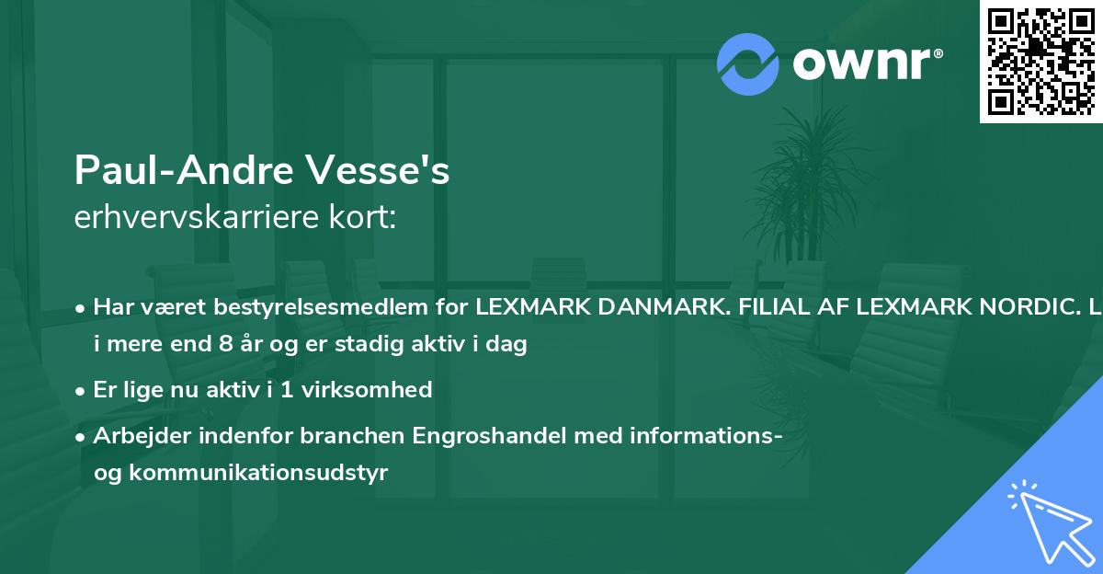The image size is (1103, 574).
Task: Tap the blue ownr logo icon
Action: point(749,63)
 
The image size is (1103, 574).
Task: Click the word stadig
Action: point(371,345)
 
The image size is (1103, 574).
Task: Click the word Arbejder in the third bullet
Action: point(134,435)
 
